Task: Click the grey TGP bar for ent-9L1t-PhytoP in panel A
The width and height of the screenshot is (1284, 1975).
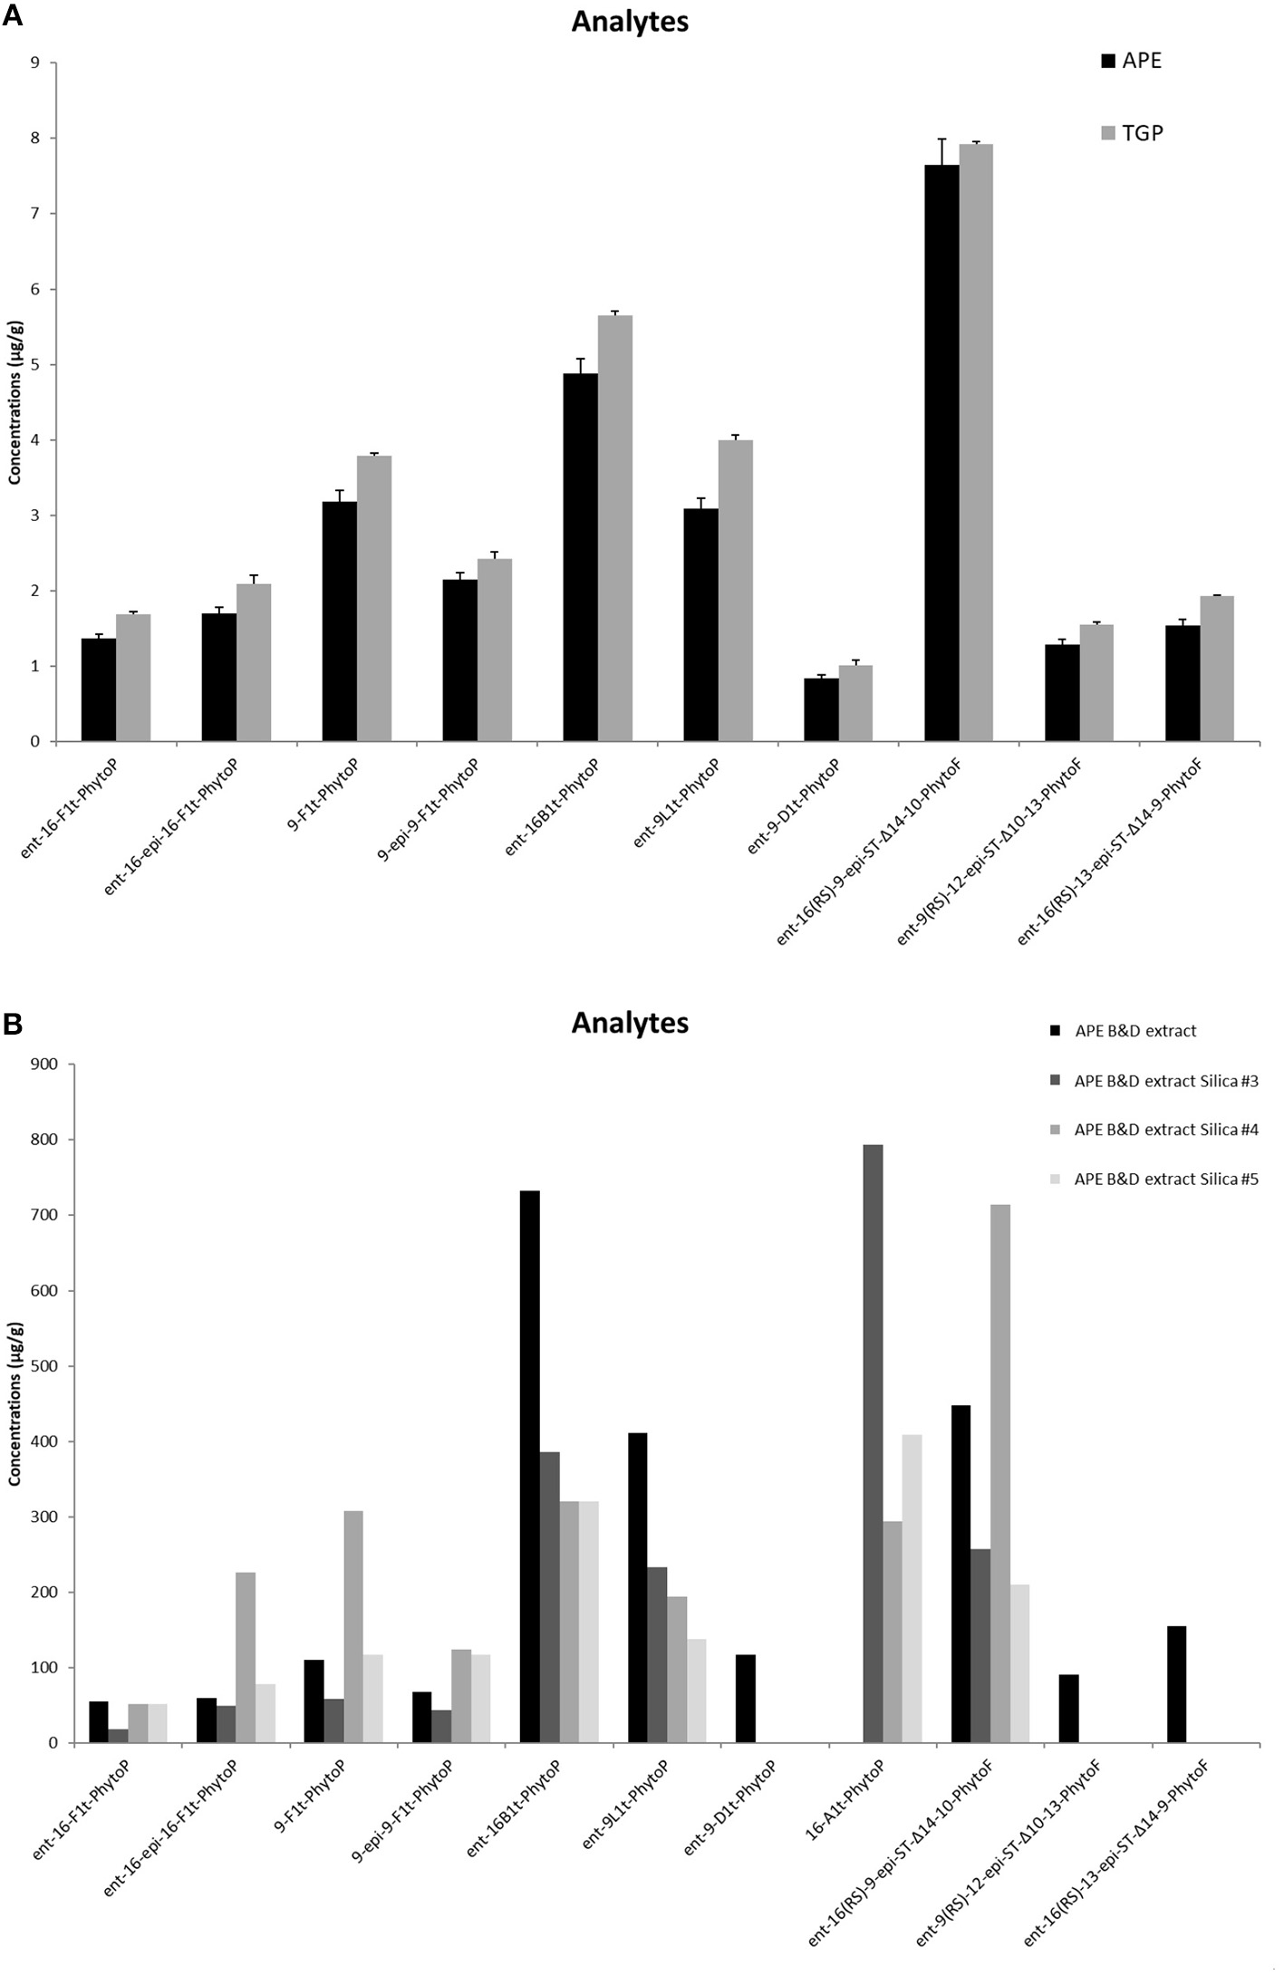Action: (736, 591)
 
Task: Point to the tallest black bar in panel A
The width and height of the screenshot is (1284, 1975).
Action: (941, 453)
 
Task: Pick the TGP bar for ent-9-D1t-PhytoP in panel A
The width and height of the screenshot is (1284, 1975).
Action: (855, 704)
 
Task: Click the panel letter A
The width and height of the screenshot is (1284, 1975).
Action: (13, 17)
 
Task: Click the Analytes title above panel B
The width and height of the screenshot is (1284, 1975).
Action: (630, 1023)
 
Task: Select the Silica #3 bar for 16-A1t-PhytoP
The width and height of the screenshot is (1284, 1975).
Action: (873, 1444)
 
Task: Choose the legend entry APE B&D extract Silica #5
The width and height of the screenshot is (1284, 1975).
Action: (1165, 1179)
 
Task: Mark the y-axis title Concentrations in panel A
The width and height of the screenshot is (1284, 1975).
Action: (14, 403)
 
